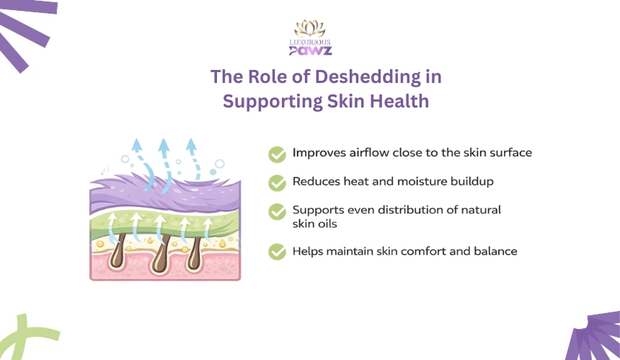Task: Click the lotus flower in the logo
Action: (310, 28)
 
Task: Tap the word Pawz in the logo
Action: (311, 51)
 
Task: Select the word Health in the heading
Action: (399, 101)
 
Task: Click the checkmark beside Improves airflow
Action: (277, 154)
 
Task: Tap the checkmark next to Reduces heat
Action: (277, 183)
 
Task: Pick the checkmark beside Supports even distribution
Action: (277, 211)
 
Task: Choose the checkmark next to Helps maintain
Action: (277, 252)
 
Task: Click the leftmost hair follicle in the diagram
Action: (118, 253)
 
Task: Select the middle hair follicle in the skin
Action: (161, 255)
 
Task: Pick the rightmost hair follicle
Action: (194, 253)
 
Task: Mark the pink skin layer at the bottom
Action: (165, 267)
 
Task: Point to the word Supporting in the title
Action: (273, 101)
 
